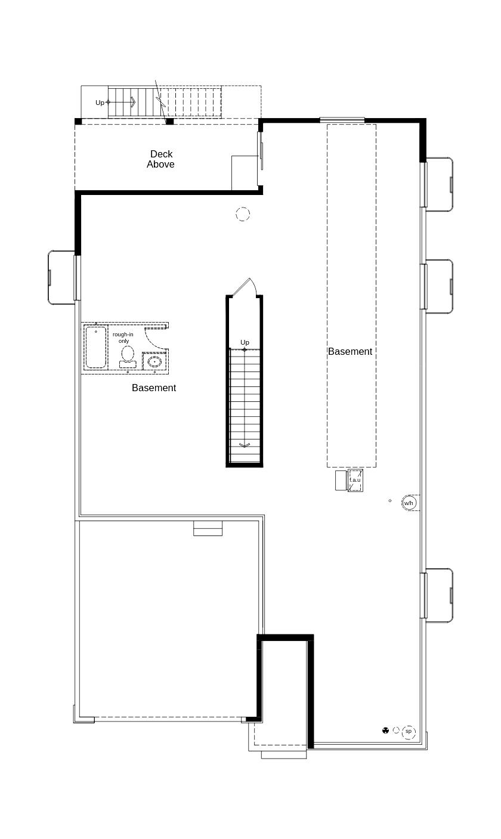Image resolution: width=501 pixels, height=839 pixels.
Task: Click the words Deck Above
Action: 160,159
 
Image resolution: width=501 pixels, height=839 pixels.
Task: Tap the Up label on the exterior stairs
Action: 100,103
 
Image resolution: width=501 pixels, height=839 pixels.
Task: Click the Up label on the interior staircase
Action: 245,342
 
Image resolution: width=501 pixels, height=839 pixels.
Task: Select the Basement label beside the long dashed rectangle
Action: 350,352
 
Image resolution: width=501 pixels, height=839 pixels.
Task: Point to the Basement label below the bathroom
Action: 154,388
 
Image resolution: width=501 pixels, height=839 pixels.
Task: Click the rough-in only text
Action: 123,338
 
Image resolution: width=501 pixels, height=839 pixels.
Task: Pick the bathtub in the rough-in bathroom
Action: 95,346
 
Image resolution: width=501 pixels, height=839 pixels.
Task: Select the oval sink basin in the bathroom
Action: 155,361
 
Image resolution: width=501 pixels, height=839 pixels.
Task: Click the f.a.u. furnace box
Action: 355,481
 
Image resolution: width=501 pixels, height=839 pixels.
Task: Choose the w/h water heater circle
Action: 409,503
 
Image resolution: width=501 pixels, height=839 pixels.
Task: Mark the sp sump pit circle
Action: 409,731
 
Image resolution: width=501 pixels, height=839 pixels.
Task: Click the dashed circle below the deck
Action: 243,214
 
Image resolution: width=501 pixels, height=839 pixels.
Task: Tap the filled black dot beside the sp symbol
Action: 385,730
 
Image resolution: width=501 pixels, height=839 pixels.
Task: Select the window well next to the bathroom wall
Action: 61,277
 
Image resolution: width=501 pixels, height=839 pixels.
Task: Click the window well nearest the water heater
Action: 439,595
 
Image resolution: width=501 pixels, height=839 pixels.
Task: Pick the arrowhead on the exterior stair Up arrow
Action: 133,103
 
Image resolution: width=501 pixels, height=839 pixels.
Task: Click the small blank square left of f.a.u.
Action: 341,481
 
